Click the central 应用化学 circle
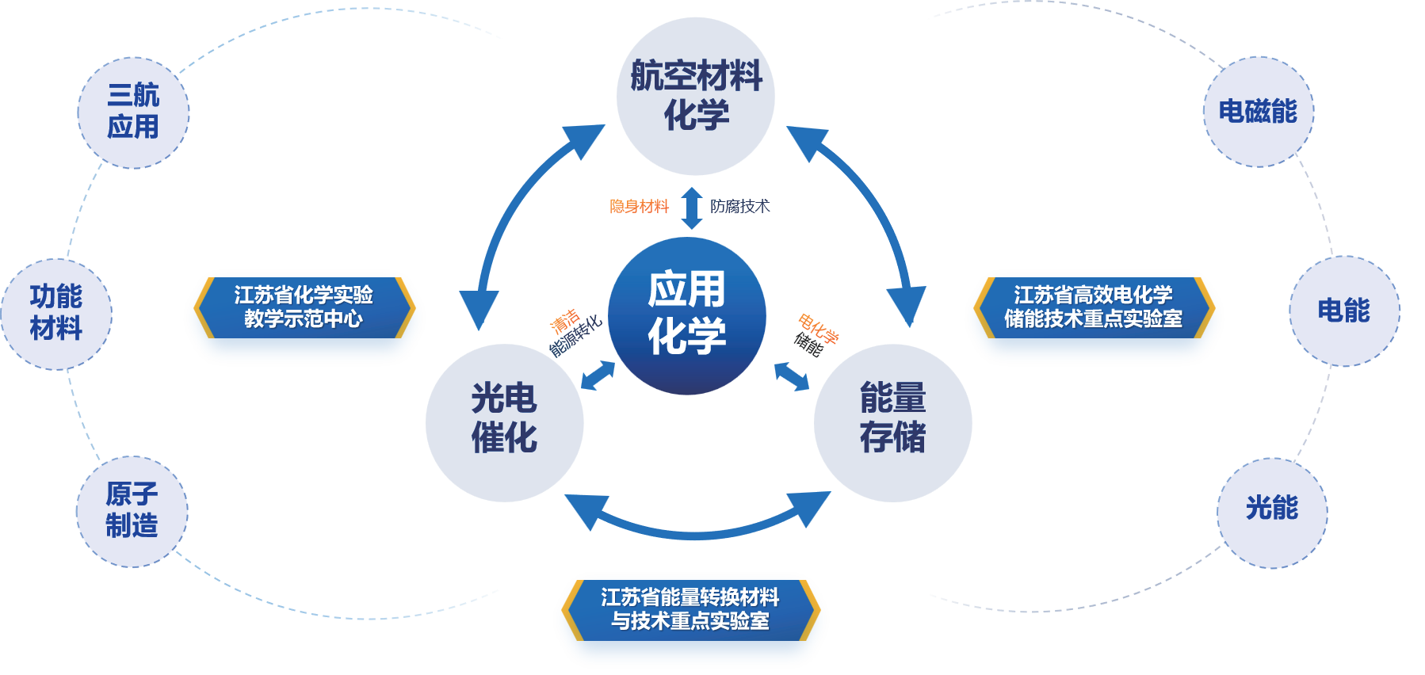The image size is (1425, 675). tap(686, 315)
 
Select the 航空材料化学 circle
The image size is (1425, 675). tap(695, 96)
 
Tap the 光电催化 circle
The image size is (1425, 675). tap(504, 422)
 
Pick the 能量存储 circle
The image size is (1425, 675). tap(892, 422)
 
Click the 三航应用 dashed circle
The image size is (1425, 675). tap(133, 113)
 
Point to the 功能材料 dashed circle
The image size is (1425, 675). tap(56, 314)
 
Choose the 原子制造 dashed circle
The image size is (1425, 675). tap(132, 511)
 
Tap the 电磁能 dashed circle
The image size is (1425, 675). tap(1258, 112)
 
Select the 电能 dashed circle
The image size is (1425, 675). tap(1343, 311)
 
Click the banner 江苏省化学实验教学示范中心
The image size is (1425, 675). tap(304, 307)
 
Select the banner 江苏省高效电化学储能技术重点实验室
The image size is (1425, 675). tap(1093, 307)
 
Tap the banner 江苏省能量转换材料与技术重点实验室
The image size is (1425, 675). tap(690, 609)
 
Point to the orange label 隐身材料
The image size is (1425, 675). tap(639, 207)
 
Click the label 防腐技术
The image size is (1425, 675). tap(739, 207)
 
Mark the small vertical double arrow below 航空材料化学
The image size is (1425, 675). tap(692, 208)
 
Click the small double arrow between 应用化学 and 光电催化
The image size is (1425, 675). tap(598, 376)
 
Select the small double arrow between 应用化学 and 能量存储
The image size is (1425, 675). tap(791, 376)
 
